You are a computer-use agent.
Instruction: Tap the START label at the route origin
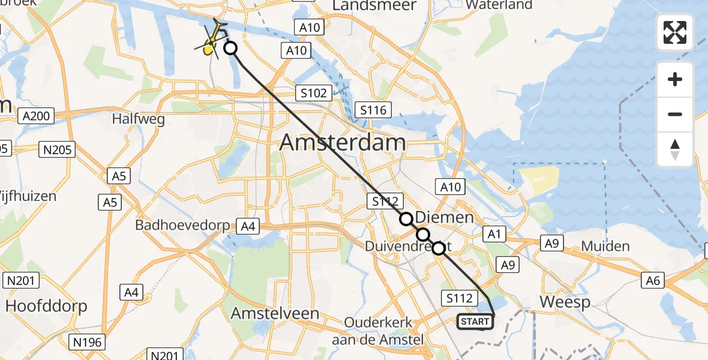pyautogui.click(x=475, y=322)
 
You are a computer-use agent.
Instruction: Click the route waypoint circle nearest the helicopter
pyautogui.click(x=230, y=49)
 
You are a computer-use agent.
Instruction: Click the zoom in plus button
pyautogui.click(x=675, y=79)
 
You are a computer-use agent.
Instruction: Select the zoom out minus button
pyautogui.click(x=675, y=114)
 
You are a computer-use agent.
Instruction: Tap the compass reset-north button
pyautogui.click(x=675, y=149)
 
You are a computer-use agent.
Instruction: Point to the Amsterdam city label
pyautogui.click(x=342, y=143)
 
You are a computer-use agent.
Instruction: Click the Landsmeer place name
pyautogui.click(x=374, y=5)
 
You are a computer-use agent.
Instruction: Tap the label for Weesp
pyautogui.click(x=565, y=302)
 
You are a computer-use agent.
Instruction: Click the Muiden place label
pyautogui.click(x=605, y=246)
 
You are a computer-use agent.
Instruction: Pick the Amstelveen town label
pyautogui.click(x=275, y=314)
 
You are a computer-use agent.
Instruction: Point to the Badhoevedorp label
pyautogui.click(x=183, y=226)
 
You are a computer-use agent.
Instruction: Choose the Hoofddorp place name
pyautogui.click(x=46, y=305)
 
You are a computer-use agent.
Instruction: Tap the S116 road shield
pyautogui.click(x=373, y=110)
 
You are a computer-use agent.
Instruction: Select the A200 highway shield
pyautogui.click(x=36, y=115)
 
